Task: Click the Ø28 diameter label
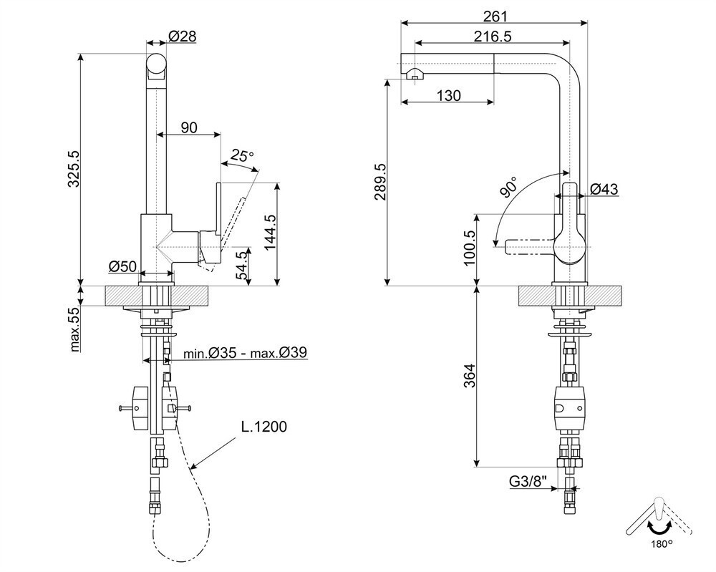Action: (x=182, y=36)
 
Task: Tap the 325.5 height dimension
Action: (x=74, y=170)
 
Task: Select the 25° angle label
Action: (x=241, y=155)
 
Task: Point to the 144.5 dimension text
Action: (x=271, y=233)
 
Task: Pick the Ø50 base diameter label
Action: (x=122, y=266)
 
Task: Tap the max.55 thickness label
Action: (x=74, y=329)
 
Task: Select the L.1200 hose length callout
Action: (x=264, y=427)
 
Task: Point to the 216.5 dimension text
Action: (x=493, y=36)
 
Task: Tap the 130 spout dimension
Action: (x=449, y=95)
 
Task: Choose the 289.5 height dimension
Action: (x=380, y=182)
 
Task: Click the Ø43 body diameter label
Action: (x=604, y=188)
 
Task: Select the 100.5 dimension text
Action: (x=469, y=248)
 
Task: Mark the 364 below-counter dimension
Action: (x=469, y=375)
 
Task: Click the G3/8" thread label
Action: (x=528, y=481)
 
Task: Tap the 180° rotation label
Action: (x=662, y=543)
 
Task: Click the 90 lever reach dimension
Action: (x=189, y=127)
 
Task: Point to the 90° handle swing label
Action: (x=508, y=187)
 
